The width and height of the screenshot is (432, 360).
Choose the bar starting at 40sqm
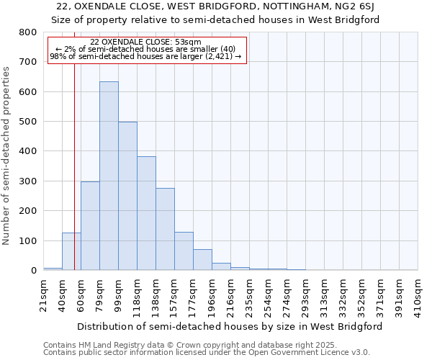tap(71, 251)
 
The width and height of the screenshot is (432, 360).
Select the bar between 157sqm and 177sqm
tap(184, 251)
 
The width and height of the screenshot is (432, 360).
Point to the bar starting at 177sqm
tap(202, 260)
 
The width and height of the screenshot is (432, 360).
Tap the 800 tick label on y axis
tap(28, 32)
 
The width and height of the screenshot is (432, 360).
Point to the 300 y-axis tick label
tap(28, 181)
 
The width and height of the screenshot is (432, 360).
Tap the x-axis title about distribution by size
tap(230, 326)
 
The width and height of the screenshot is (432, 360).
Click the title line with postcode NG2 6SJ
tap(216, 6)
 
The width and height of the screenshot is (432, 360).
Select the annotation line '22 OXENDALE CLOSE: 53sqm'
tap(146, 42)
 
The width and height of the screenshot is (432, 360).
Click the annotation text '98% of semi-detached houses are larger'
tap(146, 56)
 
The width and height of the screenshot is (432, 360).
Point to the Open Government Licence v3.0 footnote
tap(207, 353)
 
